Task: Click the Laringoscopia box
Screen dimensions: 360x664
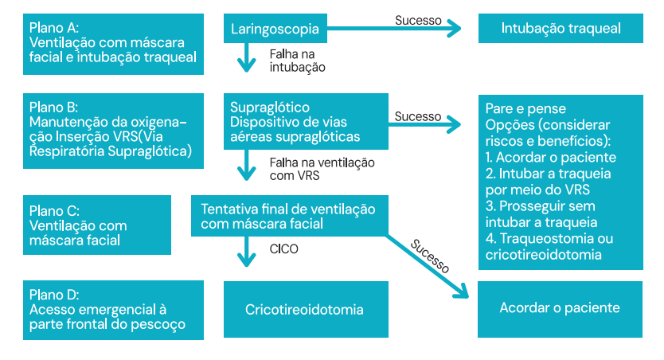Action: (x=274, y=30)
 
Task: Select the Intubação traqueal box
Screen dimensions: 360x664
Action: (x=560, y=29)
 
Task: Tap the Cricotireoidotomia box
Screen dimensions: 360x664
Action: (x=305, y=309)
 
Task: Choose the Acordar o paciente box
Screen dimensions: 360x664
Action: (x=560, y=307)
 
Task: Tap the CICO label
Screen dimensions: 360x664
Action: (x=284, y=248)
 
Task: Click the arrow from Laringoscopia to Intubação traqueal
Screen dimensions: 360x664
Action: (x=394, y=30)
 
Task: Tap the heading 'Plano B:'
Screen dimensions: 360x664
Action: (x=53, y=107)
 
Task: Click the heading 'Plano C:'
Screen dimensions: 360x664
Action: (x=53, y=211)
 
